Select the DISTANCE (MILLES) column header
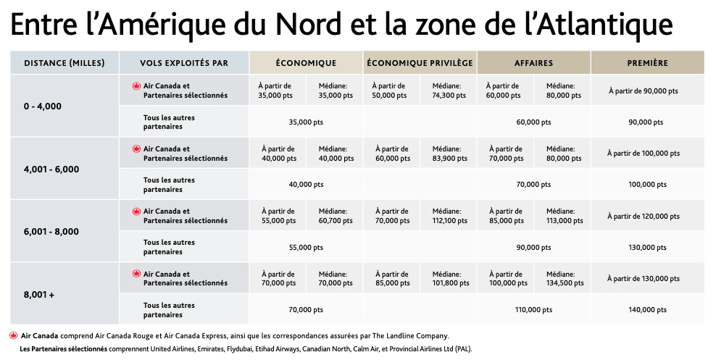(x=64, y=63)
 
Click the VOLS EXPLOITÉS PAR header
(x=184, y=63)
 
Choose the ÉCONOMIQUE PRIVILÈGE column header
(x=420, y=63)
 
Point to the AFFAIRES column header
(x=533, y=63)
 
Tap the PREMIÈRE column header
(x=647, y=63)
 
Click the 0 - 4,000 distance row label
(x=43, y=106)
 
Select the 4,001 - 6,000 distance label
(x=51, y=169)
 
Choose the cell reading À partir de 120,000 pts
(x=644, y=216)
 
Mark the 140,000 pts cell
(x=646, y=310)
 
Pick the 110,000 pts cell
(x=533, y=310)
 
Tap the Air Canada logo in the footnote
(x=14, y=335)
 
